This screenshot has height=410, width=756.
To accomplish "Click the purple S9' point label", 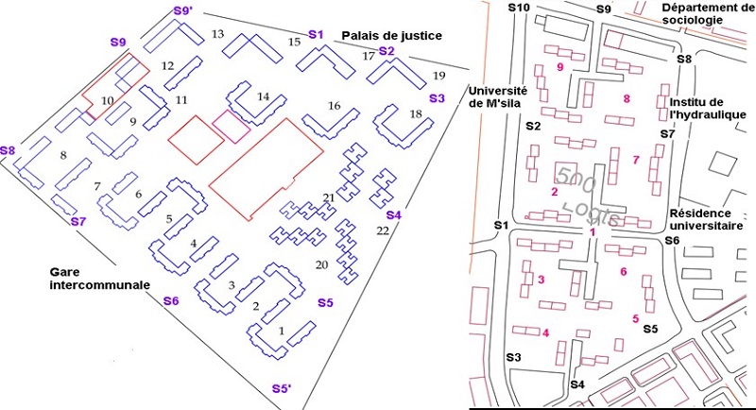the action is [x=183, y=11].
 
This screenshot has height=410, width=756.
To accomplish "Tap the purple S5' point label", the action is [x=282, y=388].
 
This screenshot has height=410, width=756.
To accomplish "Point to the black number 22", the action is [x=383, y=231].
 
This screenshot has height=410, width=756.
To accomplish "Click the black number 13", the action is [x=217, y=35].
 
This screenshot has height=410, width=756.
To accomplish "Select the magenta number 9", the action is [x=560, y=67].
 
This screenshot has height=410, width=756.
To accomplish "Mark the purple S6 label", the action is [x=171, y=301].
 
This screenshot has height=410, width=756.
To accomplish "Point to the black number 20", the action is [x=321, y=265].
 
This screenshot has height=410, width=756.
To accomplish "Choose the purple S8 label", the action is [x=9, y=150].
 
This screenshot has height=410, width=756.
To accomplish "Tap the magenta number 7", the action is [x=636, y=159].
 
